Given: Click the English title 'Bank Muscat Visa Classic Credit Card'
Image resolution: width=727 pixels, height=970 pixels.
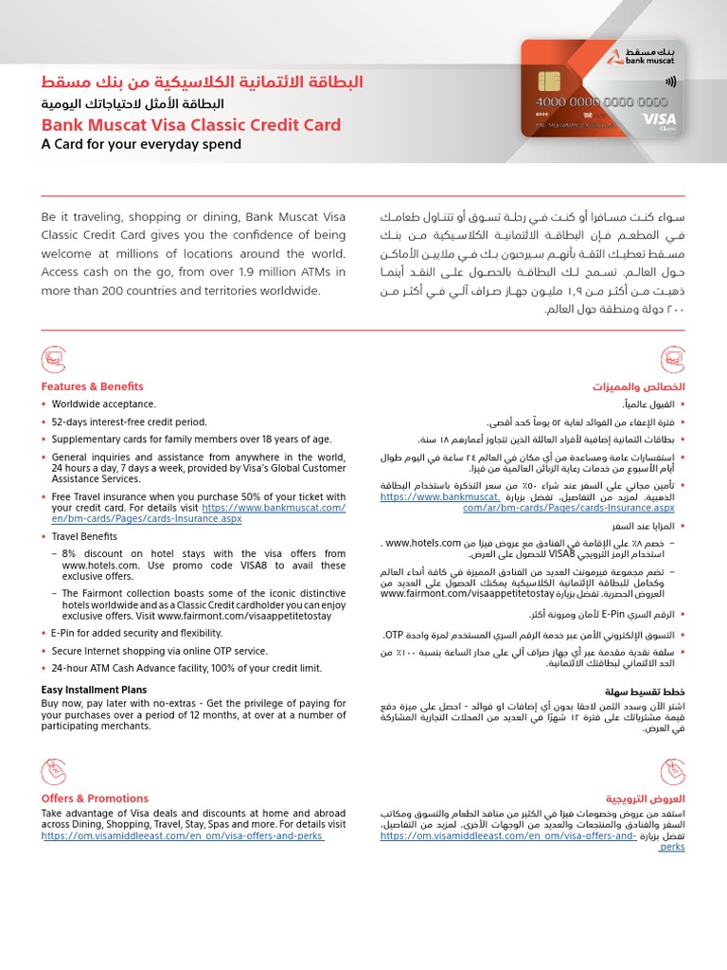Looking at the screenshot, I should (x=190, y=125).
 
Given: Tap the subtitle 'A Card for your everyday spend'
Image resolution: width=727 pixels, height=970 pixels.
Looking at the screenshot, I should (x=141, y=145).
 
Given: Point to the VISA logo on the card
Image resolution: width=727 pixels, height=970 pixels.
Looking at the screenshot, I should (x=680, y=118).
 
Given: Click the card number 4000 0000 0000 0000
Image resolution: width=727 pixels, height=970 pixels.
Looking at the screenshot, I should (x=602, y=101).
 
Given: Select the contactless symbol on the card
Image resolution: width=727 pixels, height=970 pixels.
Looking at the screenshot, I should (x=671, y=81).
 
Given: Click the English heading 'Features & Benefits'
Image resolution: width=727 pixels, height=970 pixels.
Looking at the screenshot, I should (x=92, y=386).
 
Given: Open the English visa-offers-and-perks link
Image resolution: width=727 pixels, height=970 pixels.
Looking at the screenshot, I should (x=183, y=838).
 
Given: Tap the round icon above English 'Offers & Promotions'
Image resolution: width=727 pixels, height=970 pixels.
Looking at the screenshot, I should (x=54, y=771).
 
